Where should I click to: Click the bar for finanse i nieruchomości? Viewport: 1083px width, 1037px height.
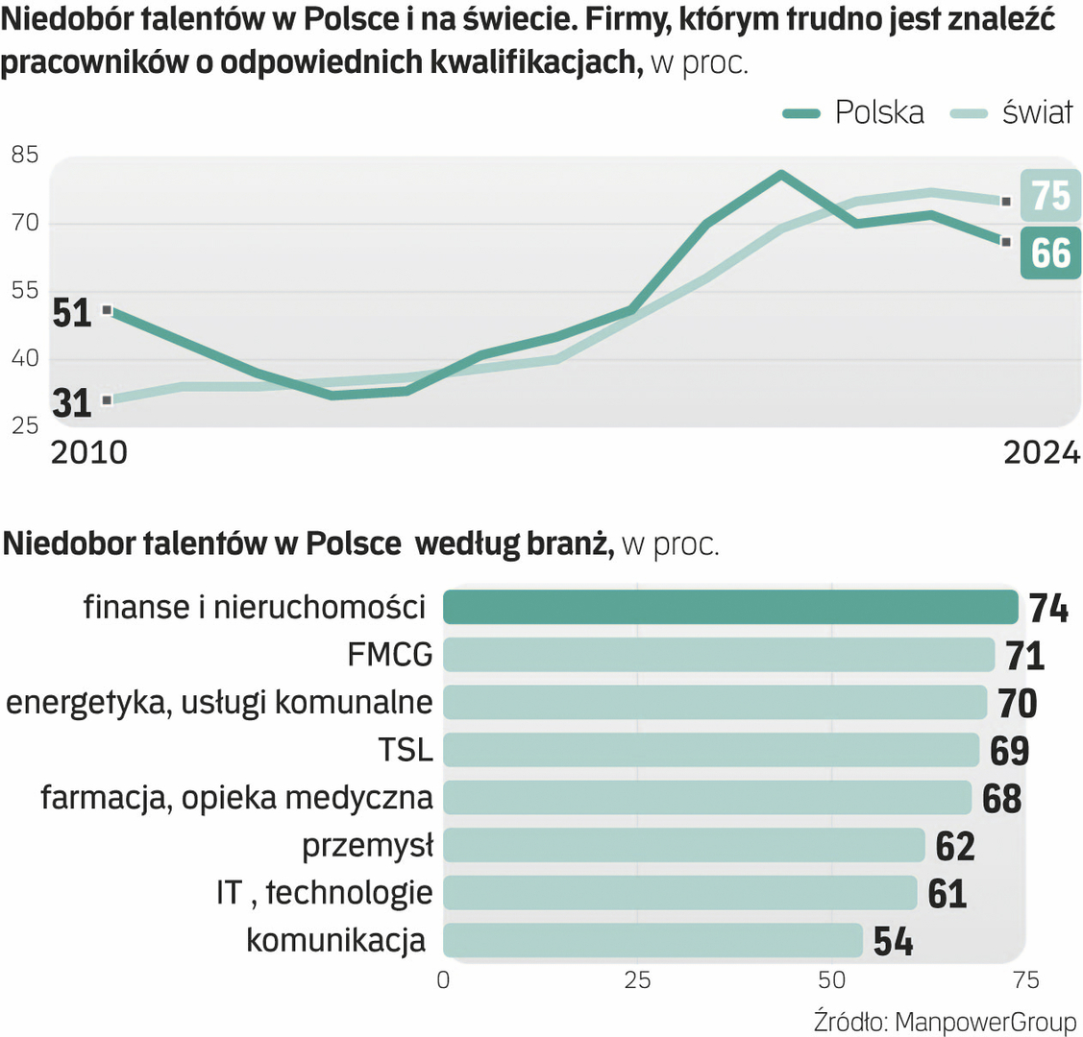click(x=730, y=608)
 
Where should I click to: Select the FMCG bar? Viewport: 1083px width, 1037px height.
click(x=719, y=655)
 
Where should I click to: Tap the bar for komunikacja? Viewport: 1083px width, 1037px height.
click(x=653, y=940)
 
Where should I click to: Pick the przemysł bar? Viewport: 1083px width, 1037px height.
click(x=684, y=845)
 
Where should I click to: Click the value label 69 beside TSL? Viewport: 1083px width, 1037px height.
click(x=1009, y=751)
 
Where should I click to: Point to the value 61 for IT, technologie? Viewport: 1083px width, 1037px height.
click(x=947, y=894)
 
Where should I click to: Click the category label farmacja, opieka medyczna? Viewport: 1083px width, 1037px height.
click(x=236, y=798)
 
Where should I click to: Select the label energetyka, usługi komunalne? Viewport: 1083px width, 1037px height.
click(x=219, y=703)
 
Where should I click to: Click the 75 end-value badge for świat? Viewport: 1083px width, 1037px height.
click(x=1050, y=195)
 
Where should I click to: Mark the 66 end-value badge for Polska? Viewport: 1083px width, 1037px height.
click(x=1050, y=253)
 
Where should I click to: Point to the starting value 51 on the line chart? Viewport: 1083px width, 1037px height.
click(x=72, y=313)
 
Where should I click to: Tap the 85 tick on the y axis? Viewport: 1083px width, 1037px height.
click(x=25, y=154)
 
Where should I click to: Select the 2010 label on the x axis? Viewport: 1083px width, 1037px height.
click(x=88, y=452)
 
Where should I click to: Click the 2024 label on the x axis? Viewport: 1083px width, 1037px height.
click(x=1042, y=452)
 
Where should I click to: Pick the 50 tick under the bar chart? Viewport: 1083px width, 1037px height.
click(x=832, y=979)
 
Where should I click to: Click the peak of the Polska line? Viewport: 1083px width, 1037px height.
click(x=781, y=175)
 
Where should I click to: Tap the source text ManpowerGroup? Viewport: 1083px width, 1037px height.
click(x=985, y=1021)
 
